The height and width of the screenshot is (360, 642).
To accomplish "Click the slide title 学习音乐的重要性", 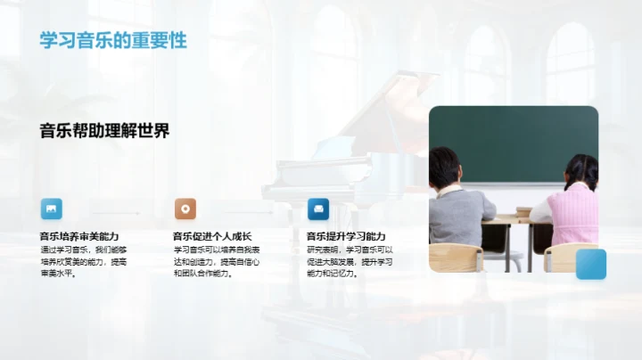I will (x=112, y=41).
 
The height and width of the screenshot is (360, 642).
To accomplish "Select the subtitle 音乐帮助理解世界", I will (x=104, y=131).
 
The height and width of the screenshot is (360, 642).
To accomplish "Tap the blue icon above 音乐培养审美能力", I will (x=52, y=209).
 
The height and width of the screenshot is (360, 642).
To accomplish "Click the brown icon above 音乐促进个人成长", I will (x=185, y=209).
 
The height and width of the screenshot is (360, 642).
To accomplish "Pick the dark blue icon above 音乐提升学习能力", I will (x=318, y=209).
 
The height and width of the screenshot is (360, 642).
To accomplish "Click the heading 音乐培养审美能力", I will (x=78, y=236).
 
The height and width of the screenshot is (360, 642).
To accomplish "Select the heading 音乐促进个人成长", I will (x=212, y=236).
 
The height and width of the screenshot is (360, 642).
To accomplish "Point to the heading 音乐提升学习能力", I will (x=346, y=236).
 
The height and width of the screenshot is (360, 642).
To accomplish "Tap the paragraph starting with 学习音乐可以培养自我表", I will (x=216, y=262).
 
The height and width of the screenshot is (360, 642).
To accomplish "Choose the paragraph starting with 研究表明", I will (x=350, y=262).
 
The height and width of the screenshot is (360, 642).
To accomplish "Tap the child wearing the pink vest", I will (x=567, y=214).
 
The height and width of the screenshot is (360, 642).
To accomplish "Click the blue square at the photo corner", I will (x=590, y=264).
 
